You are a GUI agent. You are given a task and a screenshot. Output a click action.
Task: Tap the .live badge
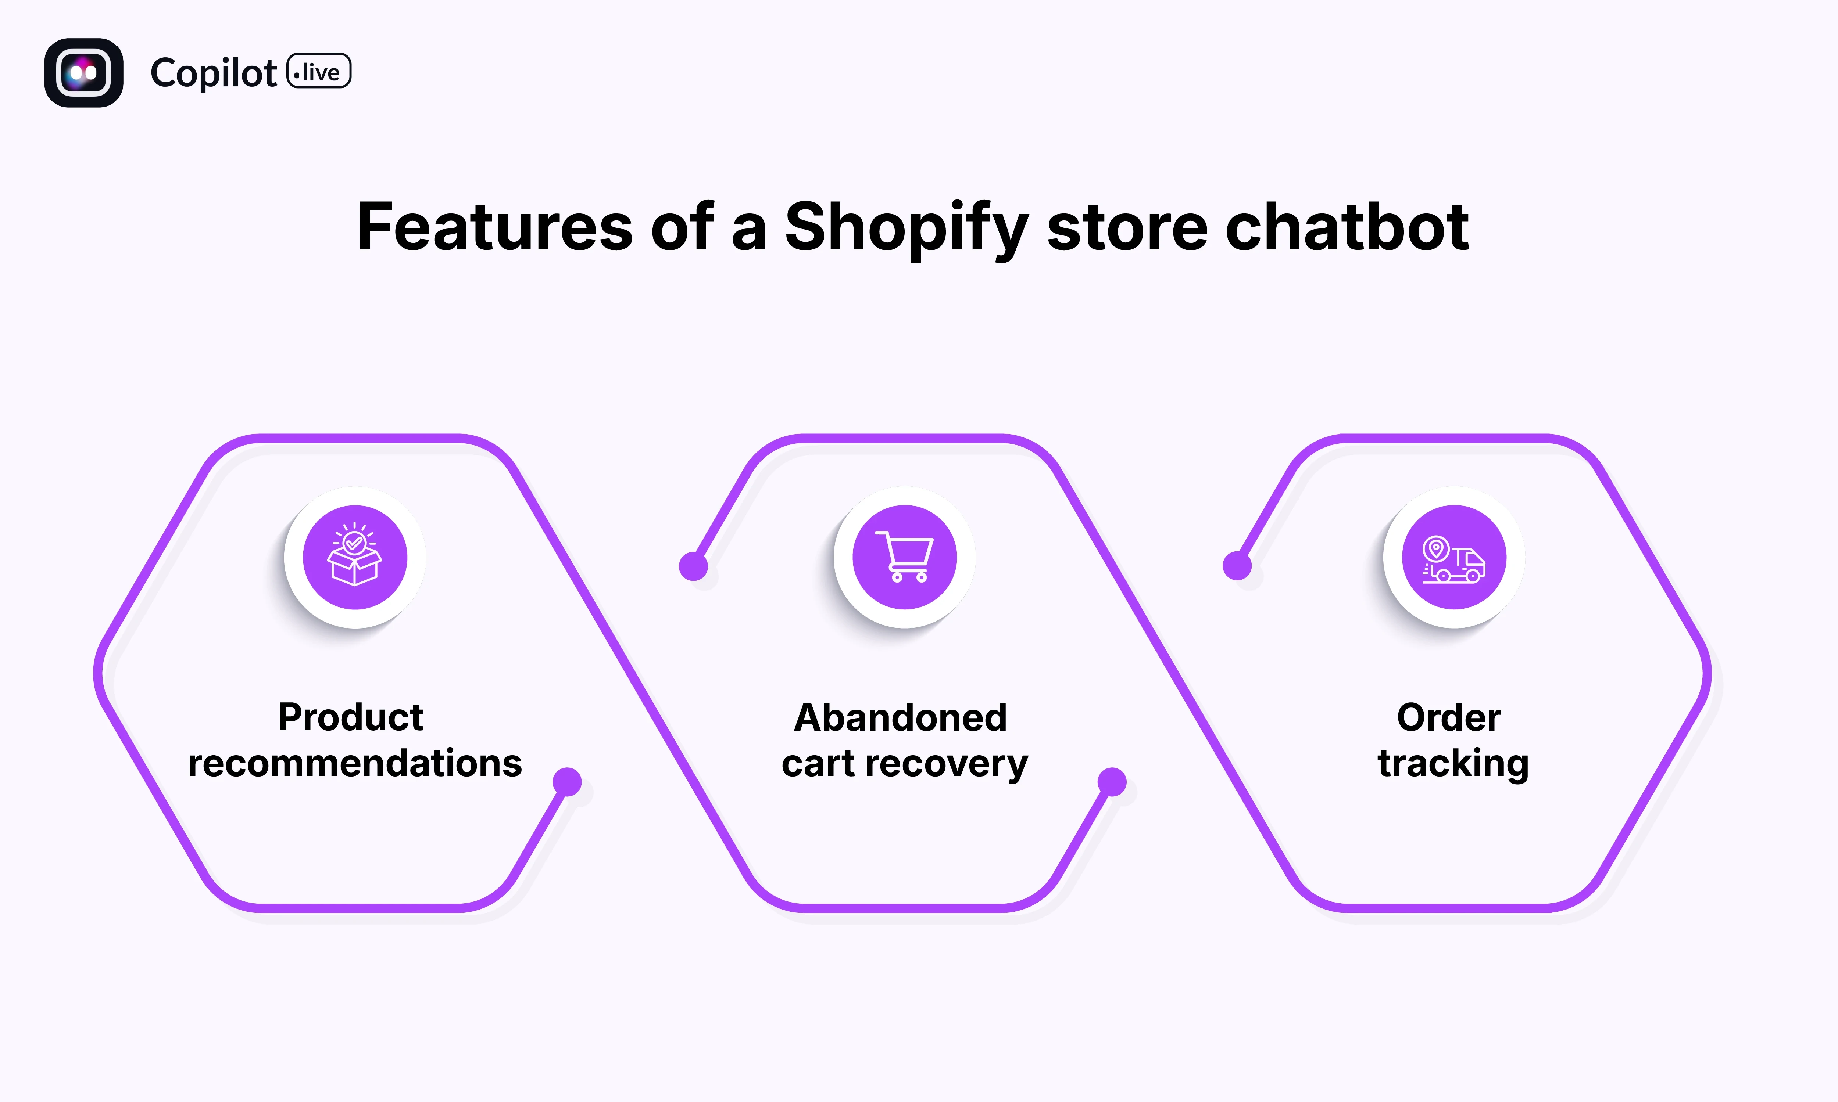pos(319,71)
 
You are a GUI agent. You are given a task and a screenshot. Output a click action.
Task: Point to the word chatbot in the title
pos(1346,227)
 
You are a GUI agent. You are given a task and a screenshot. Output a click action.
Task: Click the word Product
pos(351,717)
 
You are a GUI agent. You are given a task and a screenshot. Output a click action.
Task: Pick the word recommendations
pos(355,763)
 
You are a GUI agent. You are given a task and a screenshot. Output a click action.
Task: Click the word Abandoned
pos(900,717)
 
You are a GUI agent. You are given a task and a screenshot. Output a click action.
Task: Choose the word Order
pos(1449,717)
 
